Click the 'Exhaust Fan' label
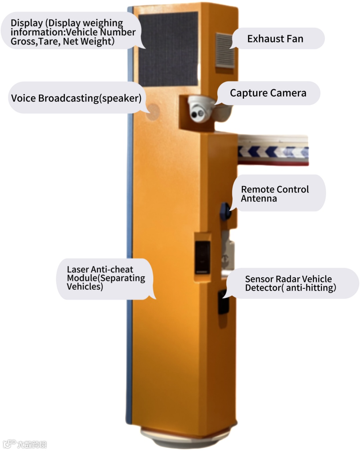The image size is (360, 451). [275, 39]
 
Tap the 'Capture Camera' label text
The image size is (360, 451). [268, 93]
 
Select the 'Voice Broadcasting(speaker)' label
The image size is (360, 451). [76, 98]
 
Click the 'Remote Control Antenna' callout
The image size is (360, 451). [275, 194]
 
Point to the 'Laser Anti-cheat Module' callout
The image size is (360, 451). [106, 278]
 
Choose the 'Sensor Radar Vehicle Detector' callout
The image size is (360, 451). [290, 283]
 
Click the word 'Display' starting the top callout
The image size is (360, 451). [27, 23]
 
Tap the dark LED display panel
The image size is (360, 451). [168, 48]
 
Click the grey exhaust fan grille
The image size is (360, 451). [225, 50]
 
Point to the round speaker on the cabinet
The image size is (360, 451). [153, 110]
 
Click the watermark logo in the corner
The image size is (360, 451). [25, 444]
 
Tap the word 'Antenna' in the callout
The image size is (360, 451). [259, 199]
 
